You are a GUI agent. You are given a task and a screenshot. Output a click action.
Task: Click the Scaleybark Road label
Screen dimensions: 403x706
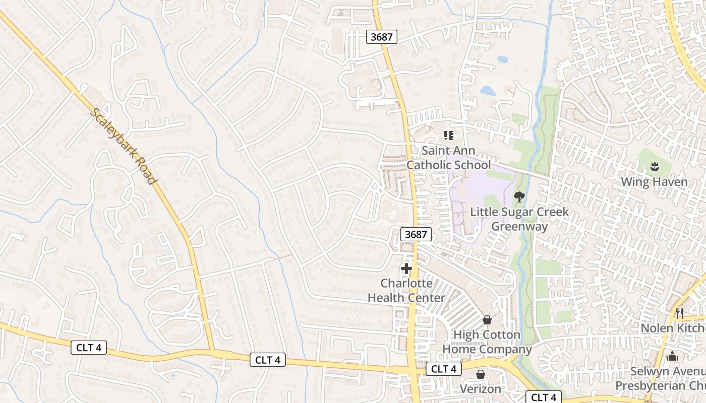coord(123,147)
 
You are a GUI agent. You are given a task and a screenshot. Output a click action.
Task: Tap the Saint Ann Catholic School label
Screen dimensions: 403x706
coord(448,158)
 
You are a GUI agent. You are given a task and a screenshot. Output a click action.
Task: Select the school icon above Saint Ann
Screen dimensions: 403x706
coord(448,135)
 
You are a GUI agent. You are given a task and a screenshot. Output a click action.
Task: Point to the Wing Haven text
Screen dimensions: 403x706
coord(654,182)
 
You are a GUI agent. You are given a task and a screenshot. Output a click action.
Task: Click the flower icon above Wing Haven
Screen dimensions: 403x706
coord(655,166)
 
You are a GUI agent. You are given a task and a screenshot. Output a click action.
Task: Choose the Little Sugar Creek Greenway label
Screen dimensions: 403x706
coord(519,219)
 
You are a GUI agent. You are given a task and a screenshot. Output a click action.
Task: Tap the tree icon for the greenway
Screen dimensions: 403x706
coord(519,196)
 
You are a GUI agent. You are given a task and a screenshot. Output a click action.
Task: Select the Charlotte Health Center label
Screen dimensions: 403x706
coord(406,290)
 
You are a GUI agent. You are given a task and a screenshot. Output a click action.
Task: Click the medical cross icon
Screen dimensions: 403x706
coord(406,268)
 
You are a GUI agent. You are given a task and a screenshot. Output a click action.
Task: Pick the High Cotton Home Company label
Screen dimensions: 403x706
coord(487,342)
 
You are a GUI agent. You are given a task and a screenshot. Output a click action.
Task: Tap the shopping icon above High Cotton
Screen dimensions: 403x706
coord(487,320)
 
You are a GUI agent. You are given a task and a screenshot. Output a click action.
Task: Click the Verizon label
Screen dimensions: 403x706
coord(481,389)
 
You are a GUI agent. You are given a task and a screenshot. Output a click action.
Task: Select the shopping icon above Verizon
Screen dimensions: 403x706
coord(481,374)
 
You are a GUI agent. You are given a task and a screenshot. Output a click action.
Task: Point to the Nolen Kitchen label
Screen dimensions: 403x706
coord(673,328)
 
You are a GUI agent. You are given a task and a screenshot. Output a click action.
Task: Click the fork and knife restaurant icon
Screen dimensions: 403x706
coord(679,313)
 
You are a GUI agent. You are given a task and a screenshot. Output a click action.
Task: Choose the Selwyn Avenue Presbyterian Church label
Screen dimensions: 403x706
coord(661,379)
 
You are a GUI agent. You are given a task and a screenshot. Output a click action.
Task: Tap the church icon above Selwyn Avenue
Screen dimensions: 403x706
coord(672,357)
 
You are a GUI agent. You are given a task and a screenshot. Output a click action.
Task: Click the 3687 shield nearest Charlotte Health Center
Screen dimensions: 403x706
coord(417,234)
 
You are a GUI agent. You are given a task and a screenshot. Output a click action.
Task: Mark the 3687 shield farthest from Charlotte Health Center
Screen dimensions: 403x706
coord(382,36)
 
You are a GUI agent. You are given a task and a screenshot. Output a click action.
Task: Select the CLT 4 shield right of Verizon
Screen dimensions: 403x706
coord(544,397)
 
